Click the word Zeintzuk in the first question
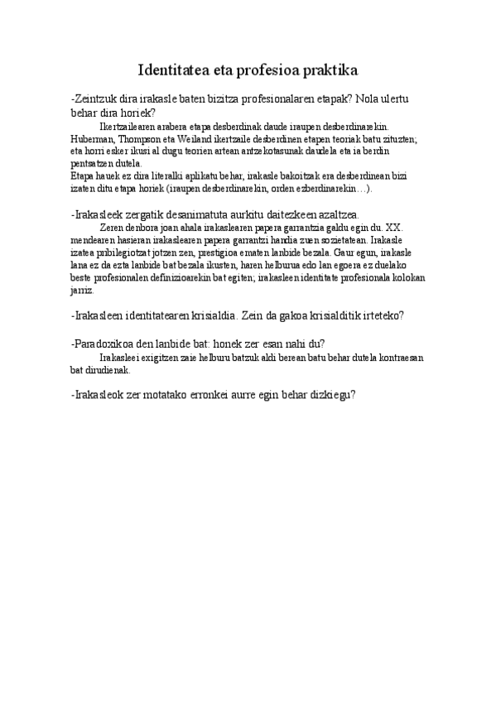[x=99, y=99]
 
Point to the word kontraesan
[x=397, y=358]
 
